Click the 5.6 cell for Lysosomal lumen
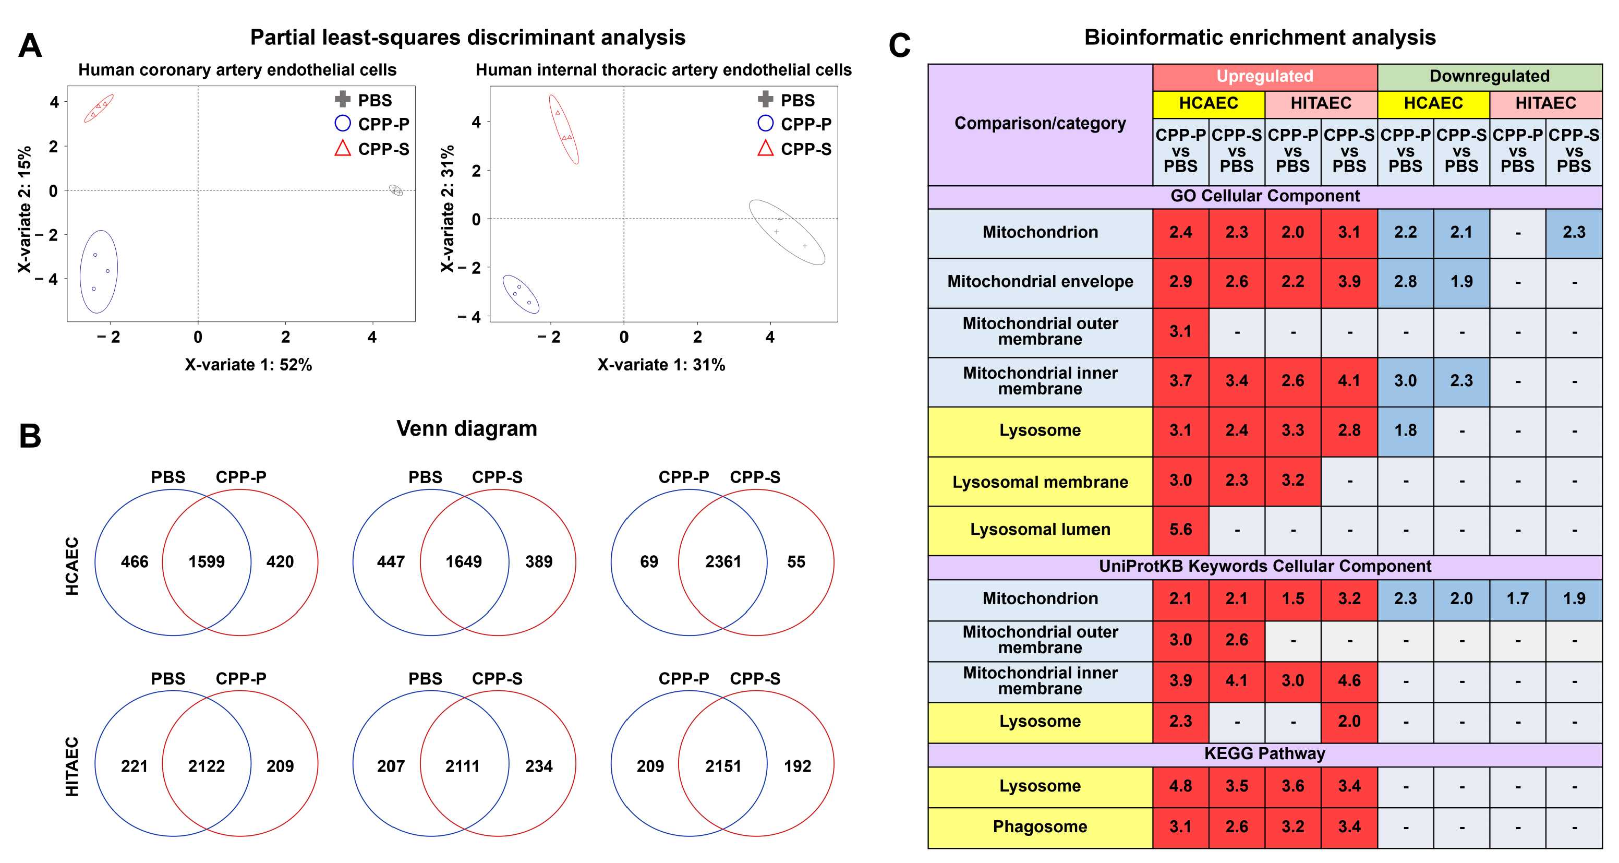pos(1180,529)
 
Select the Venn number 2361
pos(723,561)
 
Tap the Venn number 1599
pos(206,561)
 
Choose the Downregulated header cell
pos(1489,76)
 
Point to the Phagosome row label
pos(1040,826)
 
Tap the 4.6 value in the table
pos(1349,680)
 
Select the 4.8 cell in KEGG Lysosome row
pos(1180,786)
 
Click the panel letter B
pos(30,436)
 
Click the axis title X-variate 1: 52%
pos(248,365)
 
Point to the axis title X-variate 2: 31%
pos(447,209)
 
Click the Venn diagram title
pos(466,429)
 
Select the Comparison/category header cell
pos(1040,123)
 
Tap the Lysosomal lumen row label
pos(1040,529)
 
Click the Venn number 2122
pos(206,765)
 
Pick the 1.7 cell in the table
pos(1517,598)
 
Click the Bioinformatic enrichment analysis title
pos(1260,37)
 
